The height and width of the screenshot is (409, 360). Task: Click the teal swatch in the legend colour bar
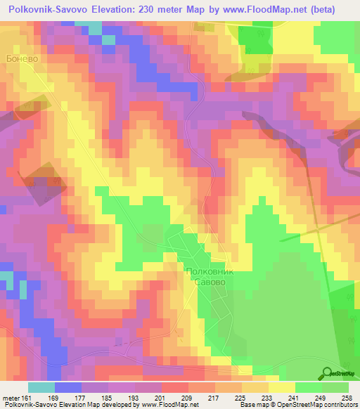[41, 387]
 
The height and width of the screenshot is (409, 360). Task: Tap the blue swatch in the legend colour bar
[68, 387]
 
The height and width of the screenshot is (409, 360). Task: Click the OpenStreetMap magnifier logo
[328, 373]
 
